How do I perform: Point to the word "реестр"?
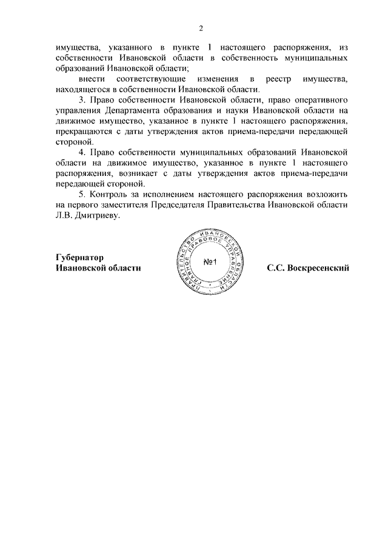[271, 79]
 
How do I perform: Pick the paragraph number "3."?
[84, 99]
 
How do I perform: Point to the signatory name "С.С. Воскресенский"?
[308, 268]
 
